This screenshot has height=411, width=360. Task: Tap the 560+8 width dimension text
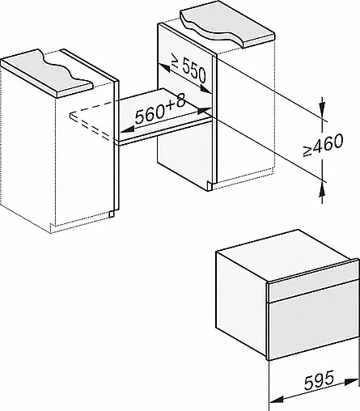pyautogui.click(x=160, y=110)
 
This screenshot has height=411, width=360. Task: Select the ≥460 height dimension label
pyautogui.click(x=323, y=144)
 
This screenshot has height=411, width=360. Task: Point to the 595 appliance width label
pyautogui.click(x=319, y=380)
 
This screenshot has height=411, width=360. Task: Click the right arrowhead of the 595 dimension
pyautogui.click(x=352, y=381)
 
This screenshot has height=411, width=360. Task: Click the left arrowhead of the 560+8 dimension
pyautogui.click(x=127, y=130)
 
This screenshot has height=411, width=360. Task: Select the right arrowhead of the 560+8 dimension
pyautogui.click(x=205, y=109)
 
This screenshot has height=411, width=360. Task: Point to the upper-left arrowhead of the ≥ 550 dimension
pyautogui.click(x=163, y=68)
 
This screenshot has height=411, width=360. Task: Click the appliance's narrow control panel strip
pyautogui.click(x=312, y=290)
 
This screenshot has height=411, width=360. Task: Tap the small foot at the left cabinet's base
pyautogui.click(x=111, y=214)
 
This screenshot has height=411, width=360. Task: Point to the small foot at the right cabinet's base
pyautogui.click(x=210, y=186)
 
